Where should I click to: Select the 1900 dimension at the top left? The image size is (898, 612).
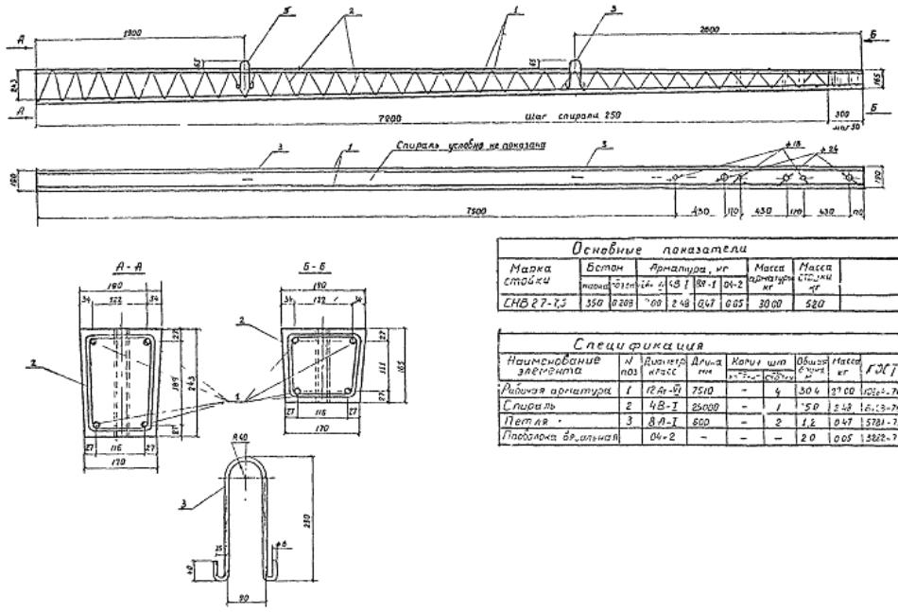click(134, 31)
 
